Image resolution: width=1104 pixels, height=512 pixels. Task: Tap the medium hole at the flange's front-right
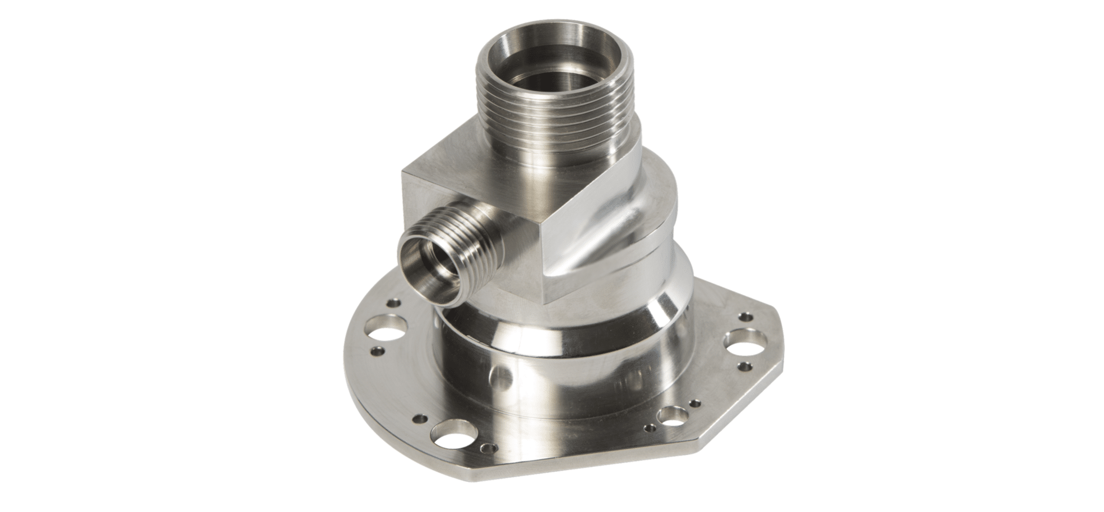[671, 415]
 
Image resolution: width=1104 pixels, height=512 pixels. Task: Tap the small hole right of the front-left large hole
[491, 448]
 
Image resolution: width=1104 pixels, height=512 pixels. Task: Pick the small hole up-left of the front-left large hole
[418, 418]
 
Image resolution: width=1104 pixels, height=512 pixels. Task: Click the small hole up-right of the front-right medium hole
[695, 402]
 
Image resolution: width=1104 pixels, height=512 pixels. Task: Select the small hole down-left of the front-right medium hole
[649, 429]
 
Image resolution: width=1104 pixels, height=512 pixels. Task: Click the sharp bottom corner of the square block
[546, 302]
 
